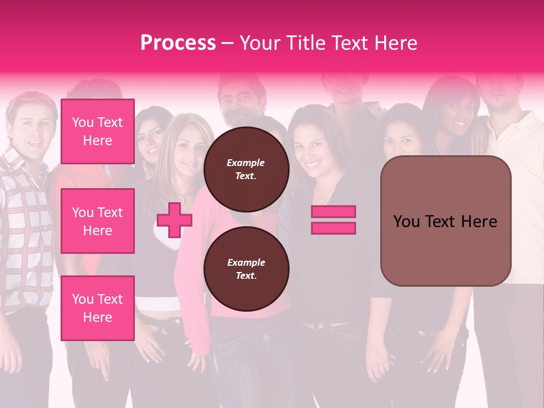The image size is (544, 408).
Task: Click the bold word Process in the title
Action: pos(178,43)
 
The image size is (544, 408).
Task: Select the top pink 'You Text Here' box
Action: pos(97,131)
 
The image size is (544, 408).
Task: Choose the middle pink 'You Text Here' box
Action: pos(97,221)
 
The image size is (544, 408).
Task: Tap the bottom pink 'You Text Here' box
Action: pos(97,308)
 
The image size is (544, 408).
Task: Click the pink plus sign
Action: pos(175,220)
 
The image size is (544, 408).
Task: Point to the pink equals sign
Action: pos(333,220)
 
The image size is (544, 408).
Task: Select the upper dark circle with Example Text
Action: pos(246,169)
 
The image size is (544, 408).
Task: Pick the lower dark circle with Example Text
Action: pos(246,269)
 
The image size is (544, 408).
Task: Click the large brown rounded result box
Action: pos(445,221)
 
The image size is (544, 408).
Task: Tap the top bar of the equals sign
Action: pos(333,212)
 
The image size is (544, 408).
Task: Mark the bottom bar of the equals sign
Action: pos(333,228)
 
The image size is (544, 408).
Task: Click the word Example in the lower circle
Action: pos(246,262)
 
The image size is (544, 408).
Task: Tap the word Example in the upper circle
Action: pos(246,163)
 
